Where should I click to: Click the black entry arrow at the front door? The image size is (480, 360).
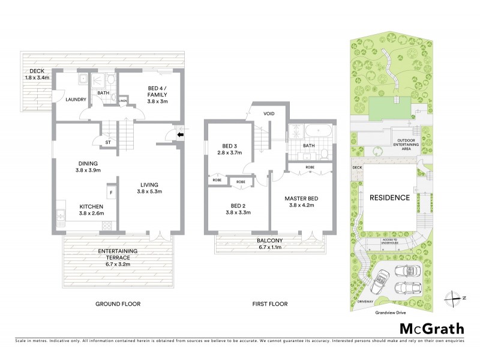180,136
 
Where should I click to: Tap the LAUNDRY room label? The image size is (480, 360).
76,100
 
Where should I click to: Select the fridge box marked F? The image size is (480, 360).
111,193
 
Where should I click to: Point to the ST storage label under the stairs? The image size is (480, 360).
109,142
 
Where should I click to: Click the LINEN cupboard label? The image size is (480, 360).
122,100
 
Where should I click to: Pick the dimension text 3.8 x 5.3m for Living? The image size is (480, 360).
151,191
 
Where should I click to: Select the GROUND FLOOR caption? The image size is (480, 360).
118,304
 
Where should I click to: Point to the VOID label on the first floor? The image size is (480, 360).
269,113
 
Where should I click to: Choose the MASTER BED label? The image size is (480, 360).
303,199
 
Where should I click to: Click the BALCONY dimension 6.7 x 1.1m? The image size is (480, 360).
274,246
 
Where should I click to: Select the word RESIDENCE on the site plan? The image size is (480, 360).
389,197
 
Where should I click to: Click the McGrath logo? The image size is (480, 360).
431,328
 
